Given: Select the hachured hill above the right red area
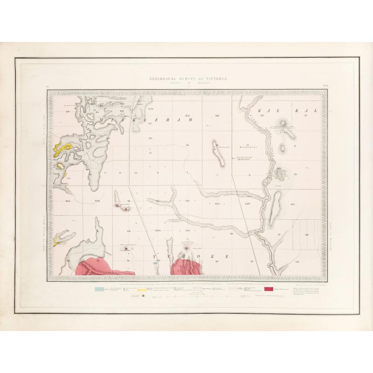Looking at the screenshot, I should (187, 244).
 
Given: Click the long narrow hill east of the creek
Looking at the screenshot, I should (276, 203).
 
